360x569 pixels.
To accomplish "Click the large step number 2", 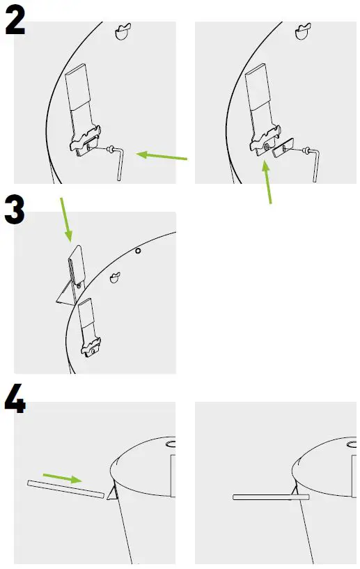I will tap(15, 20).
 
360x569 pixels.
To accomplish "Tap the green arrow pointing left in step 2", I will tap(162, 156).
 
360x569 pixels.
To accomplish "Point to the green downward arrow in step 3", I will tap(67, 219).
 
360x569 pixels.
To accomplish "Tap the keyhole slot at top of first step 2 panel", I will tap(123, 31).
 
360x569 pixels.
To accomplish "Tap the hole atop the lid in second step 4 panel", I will tap(352, 443).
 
